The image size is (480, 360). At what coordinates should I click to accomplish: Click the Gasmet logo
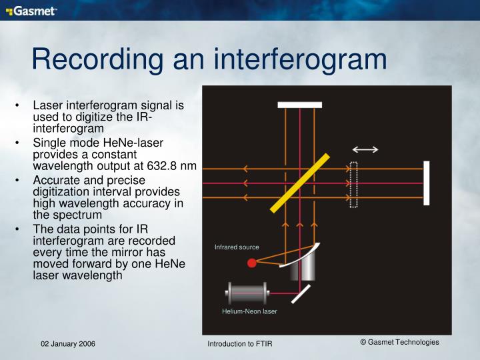coord(31,11)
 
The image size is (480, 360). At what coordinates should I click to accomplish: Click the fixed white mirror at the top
coord(300,105)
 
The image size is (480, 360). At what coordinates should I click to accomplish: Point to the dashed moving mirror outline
coord(354,185)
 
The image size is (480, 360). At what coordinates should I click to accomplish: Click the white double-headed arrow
coord(366,149)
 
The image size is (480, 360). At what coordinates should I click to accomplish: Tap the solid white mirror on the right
coord(426,183)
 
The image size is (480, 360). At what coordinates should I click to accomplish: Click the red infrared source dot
coord(252,263)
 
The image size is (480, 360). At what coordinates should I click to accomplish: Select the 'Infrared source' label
coord(237,247)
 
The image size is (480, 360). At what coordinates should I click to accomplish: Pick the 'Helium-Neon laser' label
coord(249,311)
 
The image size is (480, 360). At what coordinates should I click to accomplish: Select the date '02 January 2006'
coord(67,343)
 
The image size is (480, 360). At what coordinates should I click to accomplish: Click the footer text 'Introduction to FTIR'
coord(240,343)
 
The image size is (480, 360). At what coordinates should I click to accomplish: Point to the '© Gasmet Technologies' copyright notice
coord(399,342)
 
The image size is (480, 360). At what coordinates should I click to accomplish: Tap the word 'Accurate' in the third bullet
coord(55,181)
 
